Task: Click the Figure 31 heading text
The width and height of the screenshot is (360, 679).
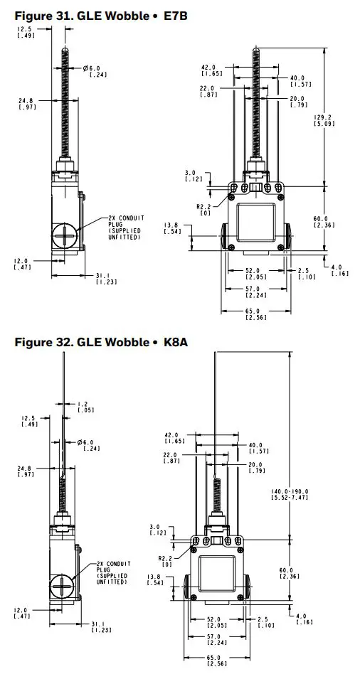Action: coord(71,14)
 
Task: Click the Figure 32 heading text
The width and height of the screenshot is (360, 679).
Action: coord(71,342)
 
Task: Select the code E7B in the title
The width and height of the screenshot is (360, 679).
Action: coord(177,14)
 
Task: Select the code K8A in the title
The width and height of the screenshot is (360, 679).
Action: coord(178,342)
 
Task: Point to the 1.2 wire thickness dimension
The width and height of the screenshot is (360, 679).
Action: coord(83,403)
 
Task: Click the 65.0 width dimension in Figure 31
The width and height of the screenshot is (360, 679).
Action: coord(255,310)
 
